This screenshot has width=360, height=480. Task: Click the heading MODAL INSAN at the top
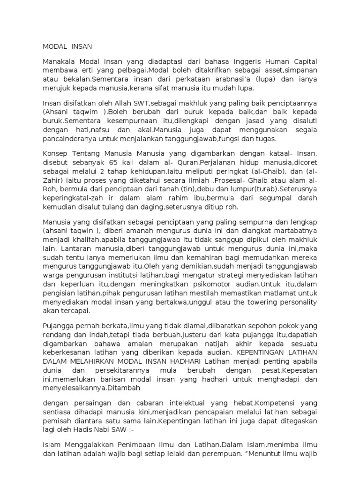(x=67, y=46)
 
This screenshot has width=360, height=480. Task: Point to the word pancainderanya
(x=70, y=139)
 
